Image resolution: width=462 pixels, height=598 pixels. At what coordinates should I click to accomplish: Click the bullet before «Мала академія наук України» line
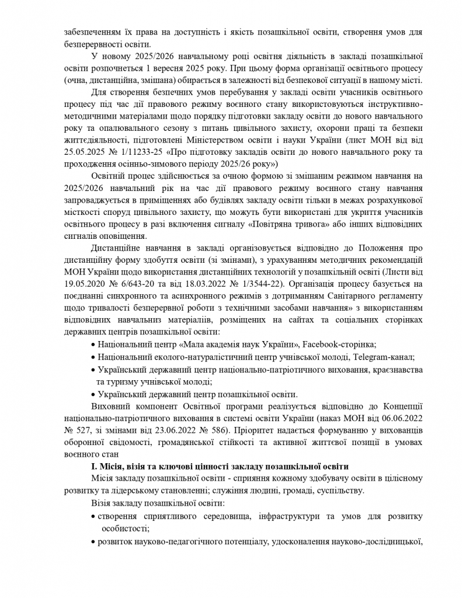(x=93, y=345)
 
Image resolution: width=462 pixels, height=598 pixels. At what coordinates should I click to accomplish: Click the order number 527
(x=85, y=431)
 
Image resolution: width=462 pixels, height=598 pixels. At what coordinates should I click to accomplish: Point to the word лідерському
(x=126, y=491)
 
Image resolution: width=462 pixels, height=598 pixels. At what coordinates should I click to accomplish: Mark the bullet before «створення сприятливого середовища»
(x=93, y=517)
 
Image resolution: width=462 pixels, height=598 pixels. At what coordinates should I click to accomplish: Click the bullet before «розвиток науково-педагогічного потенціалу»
(x=93, y=543)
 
